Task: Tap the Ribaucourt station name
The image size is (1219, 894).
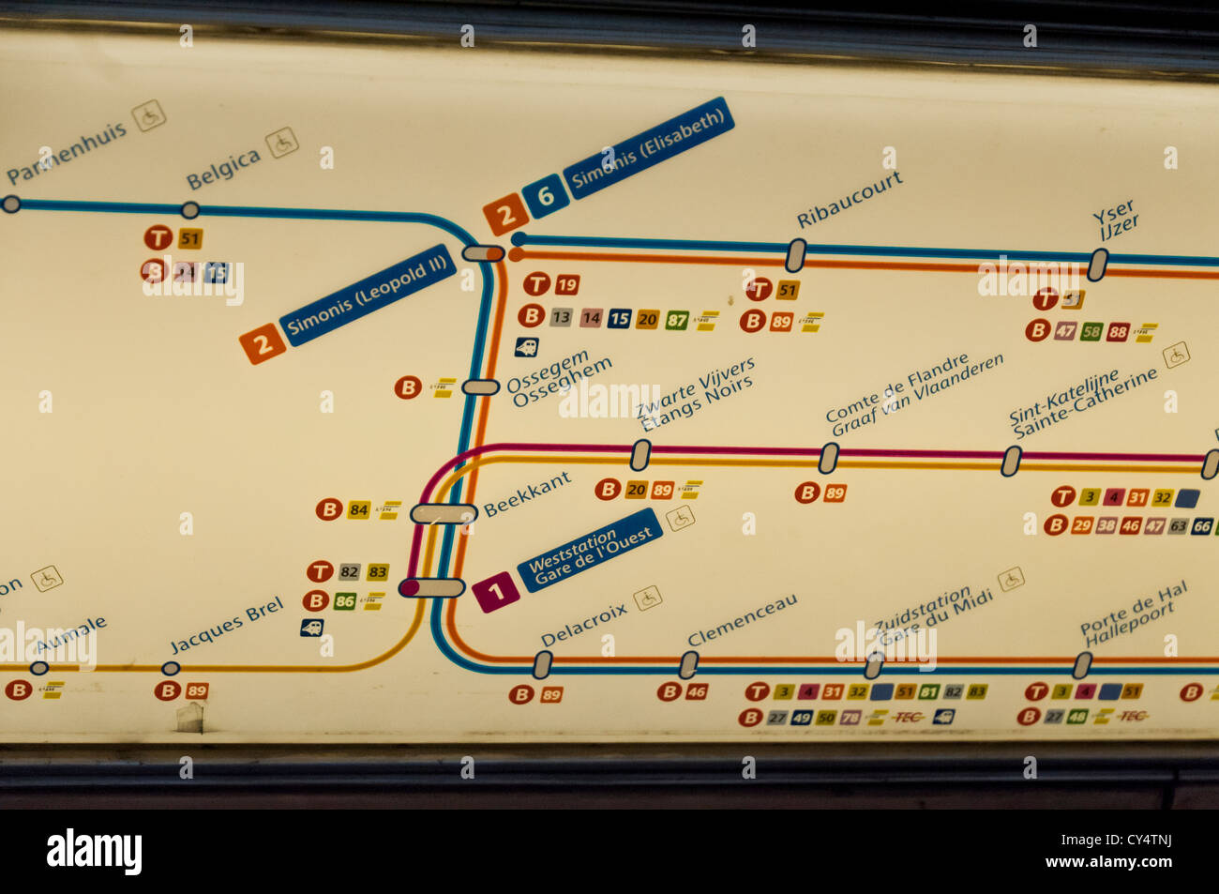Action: [850, 199]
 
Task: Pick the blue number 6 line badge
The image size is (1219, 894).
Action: [545, 196]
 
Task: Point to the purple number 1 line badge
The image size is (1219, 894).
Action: [496, 592]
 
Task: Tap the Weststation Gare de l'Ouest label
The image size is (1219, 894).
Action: [590, 551]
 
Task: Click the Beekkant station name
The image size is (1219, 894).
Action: [527, 494]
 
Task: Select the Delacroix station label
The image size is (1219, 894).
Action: [584, 625]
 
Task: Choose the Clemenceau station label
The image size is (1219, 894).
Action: [742, 620]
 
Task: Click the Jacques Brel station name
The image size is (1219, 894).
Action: [227, 626]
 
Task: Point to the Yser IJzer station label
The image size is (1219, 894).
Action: [1116, 220]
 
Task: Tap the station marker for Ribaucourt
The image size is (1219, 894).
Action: [795, 253]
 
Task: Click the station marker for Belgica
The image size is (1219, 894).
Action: [190, 210]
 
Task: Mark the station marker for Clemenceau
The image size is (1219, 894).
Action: [688, 664]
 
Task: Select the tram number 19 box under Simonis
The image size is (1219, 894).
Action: [566, 285]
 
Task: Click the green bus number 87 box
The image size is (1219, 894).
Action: [676, 320]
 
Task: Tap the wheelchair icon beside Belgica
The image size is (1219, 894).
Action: [281, 143]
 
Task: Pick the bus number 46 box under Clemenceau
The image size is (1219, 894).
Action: [696, 692]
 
